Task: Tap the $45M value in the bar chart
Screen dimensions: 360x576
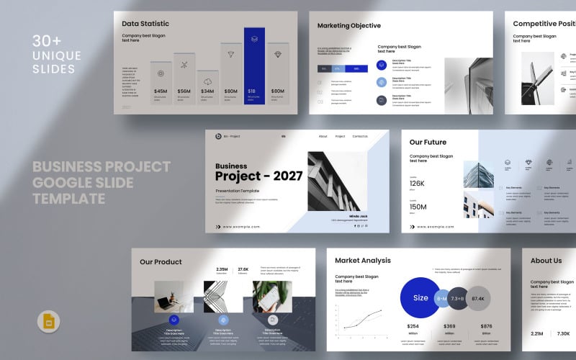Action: click(x=161, y=91)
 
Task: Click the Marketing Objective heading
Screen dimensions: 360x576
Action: click(x=349, y=26)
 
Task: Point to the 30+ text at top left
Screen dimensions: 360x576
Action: click(x=48, y=41)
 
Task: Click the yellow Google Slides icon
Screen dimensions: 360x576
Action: click(x=49, y=322)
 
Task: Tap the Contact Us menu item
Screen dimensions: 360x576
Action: click(x=360, y=136)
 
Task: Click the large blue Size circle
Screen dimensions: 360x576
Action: click(x=420, y=297)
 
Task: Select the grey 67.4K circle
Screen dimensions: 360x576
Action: click(x=478, y=298)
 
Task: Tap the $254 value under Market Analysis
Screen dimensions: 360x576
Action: click(x=413, y=326)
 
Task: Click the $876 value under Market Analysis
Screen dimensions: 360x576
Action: click(x=486, y=326)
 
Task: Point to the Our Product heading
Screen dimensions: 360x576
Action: click(x=161, y=262)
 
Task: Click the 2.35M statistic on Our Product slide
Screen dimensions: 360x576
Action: click(x=222, y=270)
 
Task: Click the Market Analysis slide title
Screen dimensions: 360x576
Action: click(x=363, y=261)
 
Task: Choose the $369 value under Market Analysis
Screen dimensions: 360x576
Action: click(x=449, y=326)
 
